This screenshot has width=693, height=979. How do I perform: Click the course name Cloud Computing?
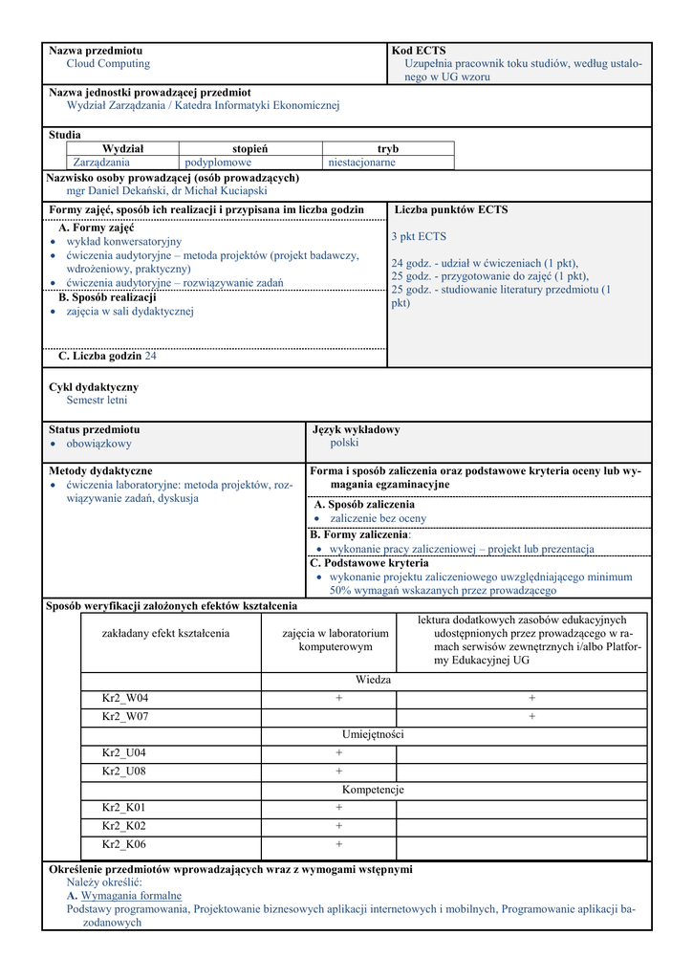(108, 64)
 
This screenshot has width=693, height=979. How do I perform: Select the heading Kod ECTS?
(419, 51)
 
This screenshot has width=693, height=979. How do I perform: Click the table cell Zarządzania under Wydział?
(101, 163)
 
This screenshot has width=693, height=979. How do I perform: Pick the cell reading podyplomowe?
(218, 163)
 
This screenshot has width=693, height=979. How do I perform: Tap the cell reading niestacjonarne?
(361, 163)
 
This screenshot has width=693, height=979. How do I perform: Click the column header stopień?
(249, 149)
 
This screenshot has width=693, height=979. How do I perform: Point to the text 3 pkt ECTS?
(419, 237)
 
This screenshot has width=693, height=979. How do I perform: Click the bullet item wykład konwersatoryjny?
(123, 242)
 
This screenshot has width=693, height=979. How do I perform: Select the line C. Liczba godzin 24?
(107, 357)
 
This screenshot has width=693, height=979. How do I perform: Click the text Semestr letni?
(97, 401)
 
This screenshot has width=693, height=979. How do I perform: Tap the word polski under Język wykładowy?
(344, 444)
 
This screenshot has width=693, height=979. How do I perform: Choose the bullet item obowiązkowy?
(98, 444)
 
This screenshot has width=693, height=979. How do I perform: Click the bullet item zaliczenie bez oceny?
(378, 518)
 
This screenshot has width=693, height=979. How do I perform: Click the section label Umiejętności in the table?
(373, 734)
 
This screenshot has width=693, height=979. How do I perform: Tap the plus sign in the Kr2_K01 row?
(338, 808)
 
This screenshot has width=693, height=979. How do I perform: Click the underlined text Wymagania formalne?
(131, 897)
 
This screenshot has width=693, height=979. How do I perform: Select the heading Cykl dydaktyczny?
(94, 387)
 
